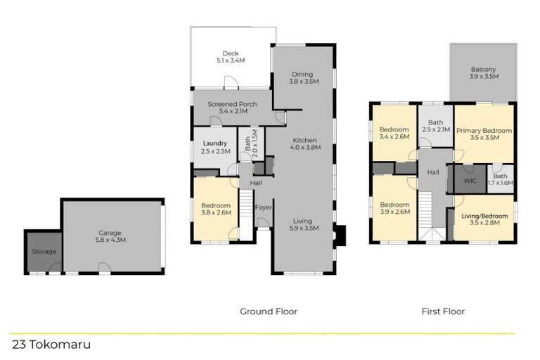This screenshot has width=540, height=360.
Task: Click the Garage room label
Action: coord(110,233)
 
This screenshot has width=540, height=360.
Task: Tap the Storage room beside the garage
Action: coord(43,251)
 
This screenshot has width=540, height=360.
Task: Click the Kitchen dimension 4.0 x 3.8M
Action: coord(304,148)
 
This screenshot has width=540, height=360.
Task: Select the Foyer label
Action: coord(263,207)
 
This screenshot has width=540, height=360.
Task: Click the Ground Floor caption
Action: coord(269,311)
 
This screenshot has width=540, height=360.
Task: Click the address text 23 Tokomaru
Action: coord(51,345)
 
